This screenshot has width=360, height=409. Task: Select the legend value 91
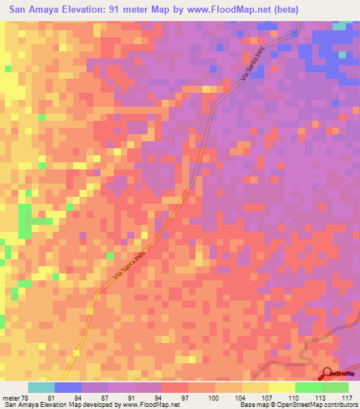[131, 397]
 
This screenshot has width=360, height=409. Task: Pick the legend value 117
[346, 397]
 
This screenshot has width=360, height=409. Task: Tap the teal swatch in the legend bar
[41, 387]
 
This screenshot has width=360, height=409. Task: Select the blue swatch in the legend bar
[68, 387]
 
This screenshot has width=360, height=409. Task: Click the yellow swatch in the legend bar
[281, 387]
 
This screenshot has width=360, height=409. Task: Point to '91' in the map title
[117, 10]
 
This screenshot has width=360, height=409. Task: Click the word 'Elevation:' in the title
[83, 10]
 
